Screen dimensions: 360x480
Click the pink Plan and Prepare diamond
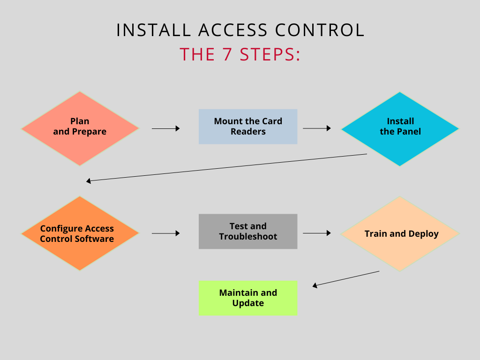(x=80, y=128)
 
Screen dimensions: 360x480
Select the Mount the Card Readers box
(x=248, y=127)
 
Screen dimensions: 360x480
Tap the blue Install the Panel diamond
(x=400, y=128)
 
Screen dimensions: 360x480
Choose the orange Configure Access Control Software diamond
(x=80, y=233)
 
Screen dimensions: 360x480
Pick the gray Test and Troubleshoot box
(x=248, y=232)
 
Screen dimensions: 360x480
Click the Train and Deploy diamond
(x=400, y=233)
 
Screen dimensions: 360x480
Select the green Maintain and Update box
(x=248, y=298)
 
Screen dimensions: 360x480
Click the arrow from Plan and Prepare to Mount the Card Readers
(x=165, y=128)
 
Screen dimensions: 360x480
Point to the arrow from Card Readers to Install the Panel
(x=316, y=128)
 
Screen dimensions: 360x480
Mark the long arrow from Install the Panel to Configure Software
(x=227, y=167)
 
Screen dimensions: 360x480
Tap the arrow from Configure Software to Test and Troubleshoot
(x=165, y=233)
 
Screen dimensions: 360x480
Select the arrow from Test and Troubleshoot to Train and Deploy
(x=316, y=233)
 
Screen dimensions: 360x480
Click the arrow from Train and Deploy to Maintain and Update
(x=346, y=278)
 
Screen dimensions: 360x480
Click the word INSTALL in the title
(x=154, y=30)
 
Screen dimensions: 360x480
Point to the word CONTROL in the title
(x=320, y=30)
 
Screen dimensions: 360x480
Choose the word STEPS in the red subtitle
(x=270, y=54)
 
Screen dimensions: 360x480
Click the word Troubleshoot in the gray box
(x=248, y=237)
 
